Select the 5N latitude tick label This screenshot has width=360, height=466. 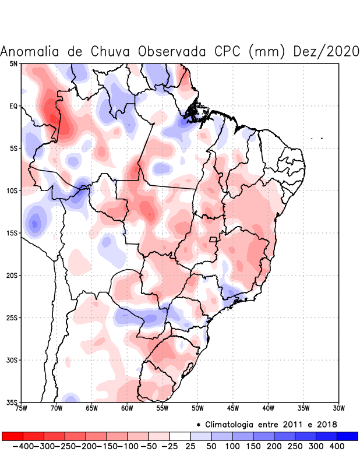(x=13, y=63)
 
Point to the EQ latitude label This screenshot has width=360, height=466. (x=13, y=106)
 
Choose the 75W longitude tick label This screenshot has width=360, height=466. (x=22, y=408)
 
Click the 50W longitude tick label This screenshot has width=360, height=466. (x=197, y=408)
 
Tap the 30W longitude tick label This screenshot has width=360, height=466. (x=338, y=408)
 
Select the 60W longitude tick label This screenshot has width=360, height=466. (x=127, y=408)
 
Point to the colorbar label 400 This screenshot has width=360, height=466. (x=336, y=446)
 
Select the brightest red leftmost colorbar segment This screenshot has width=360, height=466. (x=12, y=436)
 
